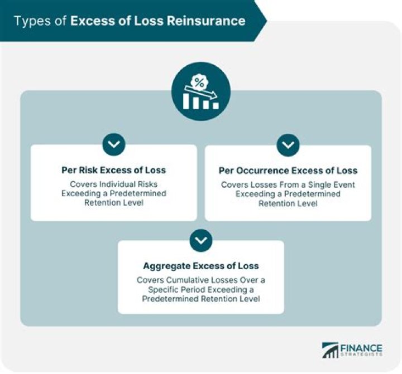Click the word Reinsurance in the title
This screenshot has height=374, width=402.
tap(206, 21)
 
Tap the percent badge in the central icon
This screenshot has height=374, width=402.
tap(199, 82)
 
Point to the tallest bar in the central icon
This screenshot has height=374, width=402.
tap(186, 101)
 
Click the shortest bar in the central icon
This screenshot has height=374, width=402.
tap(216, 106)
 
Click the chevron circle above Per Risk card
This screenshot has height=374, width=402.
tap(114, 144)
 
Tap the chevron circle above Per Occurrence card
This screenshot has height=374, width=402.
tap(288, 145)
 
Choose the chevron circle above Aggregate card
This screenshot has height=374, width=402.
tap(201, 240)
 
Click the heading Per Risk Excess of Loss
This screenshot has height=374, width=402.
tap(113, 170)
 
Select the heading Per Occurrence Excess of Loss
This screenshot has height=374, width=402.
tap(288, 171)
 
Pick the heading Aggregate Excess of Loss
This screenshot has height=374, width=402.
tap(201, 266)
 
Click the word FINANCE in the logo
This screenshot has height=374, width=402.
tap(361, 348)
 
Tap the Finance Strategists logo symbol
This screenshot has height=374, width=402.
tap(330, 350)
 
